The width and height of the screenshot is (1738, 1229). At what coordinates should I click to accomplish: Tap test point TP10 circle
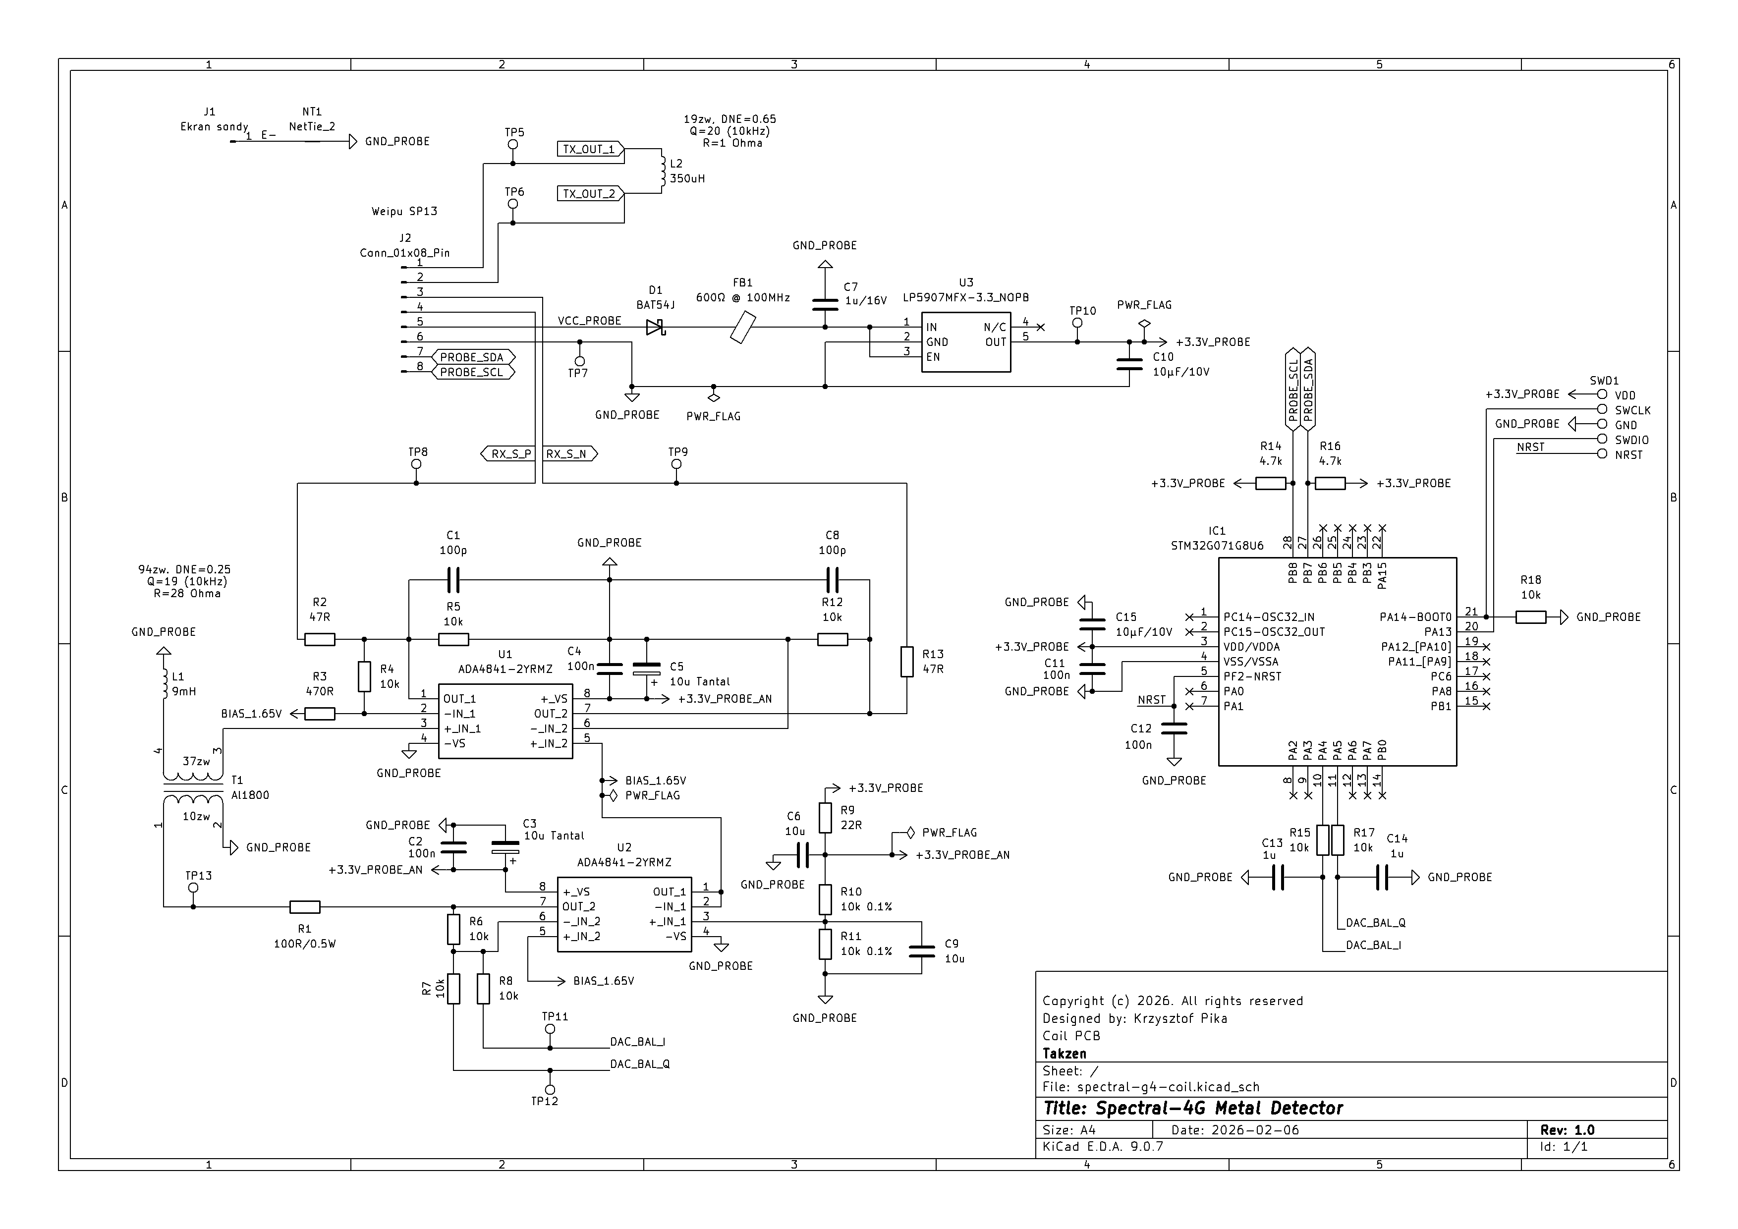[x=1077, y=323]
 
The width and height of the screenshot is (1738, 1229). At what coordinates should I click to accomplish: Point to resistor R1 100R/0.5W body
[x=305, y=906]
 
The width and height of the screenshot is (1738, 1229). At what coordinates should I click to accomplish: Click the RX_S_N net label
[x=568, y=454]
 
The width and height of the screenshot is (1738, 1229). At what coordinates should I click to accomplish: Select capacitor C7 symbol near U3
[x=825, y=304]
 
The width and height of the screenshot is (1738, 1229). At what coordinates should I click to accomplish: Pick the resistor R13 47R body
[x=907, y=662]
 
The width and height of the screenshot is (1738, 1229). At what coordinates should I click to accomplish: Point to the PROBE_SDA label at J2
[x=472, y=357]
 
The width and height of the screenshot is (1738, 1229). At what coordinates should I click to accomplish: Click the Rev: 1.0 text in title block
[x=1567, y=1130]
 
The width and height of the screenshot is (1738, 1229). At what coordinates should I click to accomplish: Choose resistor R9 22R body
[x=825, y=817]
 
